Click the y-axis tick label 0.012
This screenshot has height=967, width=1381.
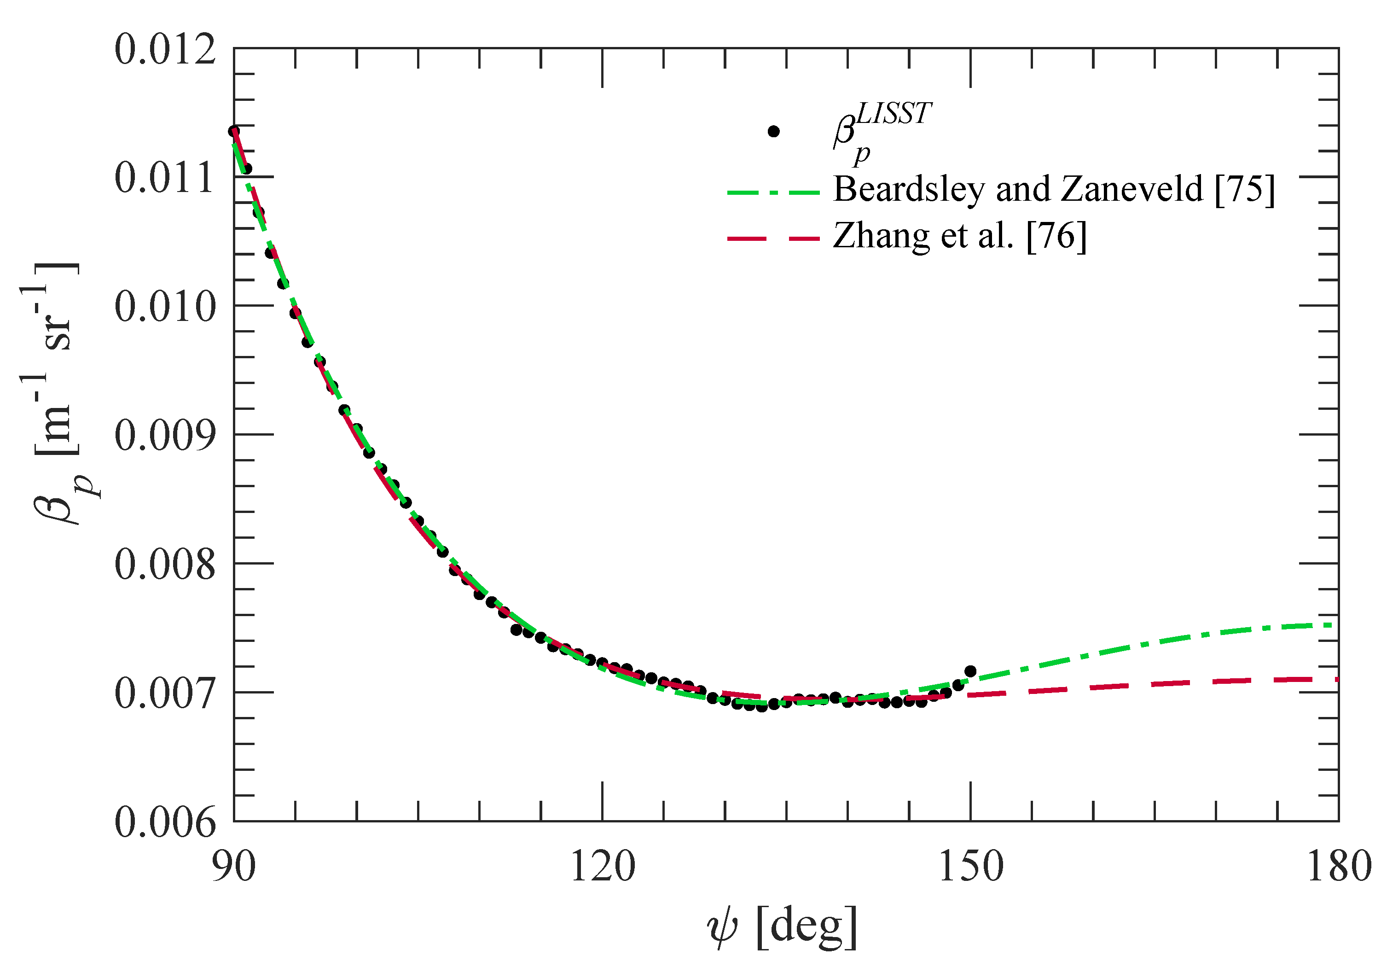pos(165,49)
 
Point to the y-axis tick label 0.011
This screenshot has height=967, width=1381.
pos(165,178)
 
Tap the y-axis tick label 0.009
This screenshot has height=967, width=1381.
pos(165,436)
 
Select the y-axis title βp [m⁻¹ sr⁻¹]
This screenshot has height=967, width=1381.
pos(57,394)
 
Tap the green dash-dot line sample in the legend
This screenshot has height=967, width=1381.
pos(773,193)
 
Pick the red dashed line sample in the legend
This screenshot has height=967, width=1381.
pos(773,239)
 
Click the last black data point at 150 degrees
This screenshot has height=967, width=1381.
pos(969,671)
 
